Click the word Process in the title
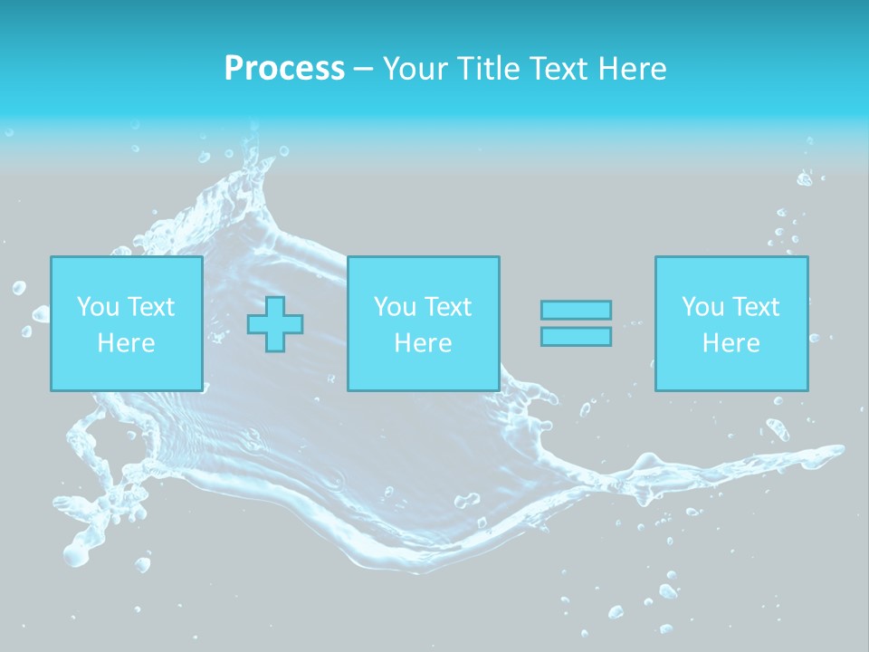pyautogui.click(x=284, y=69)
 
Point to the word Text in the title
pyautogui.click(x=557, y=69)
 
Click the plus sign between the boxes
pyautogui.click(x=275, y=324)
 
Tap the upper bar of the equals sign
pyautogui.click(x=576, y=310)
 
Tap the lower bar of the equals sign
pyautogui.click(x=576, y=337)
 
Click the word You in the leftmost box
pyautogui.click(x=98, y=307)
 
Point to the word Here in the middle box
pyautogui.click(x=423, y=343)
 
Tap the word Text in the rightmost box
pyautogui.click(x=755, y=307)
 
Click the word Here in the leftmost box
pyautogui.click(x=126, y=343)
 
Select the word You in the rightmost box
pyautogui.click(x=702, y=307)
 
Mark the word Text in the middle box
pyautogui.click(x=447, y=307)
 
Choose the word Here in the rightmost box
pyautogui.click(x=731, y=343)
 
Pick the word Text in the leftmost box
pyautogui.click(x=150, y=307)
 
